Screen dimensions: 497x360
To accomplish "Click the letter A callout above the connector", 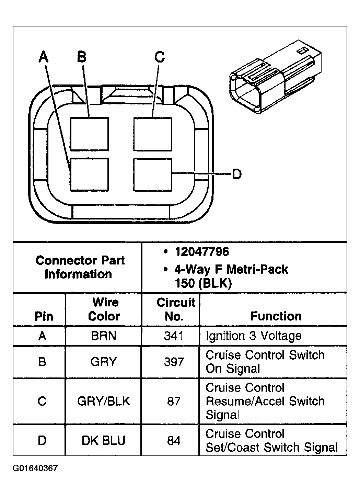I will click(43, 57).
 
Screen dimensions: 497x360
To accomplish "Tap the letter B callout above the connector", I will click(82, 57).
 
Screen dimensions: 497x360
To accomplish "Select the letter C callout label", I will click(160, 57).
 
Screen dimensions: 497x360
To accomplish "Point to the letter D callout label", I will click(236, 174).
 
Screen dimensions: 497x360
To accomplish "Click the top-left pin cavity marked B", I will click(89, 134).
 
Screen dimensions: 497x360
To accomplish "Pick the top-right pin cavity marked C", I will click(152, 134).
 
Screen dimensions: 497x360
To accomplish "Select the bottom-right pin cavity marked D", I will click(152, 174).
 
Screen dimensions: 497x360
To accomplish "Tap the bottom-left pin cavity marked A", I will click(89, 174).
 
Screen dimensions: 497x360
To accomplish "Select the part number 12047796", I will click(201, 252).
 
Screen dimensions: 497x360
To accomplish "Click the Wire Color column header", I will click(104, 309).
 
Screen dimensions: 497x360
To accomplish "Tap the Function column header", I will click(276, 316).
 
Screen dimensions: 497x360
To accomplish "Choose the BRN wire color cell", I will click(104, 336).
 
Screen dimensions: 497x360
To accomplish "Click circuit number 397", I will click(174, 362).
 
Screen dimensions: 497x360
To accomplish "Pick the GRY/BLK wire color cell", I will click(104, 401).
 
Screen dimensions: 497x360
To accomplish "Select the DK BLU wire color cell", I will click(104, 440).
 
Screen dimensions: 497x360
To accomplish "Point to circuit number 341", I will click(174, 336).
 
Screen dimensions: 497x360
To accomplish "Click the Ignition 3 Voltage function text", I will click(253, 336).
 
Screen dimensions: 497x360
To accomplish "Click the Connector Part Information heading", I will click(80, 267).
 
